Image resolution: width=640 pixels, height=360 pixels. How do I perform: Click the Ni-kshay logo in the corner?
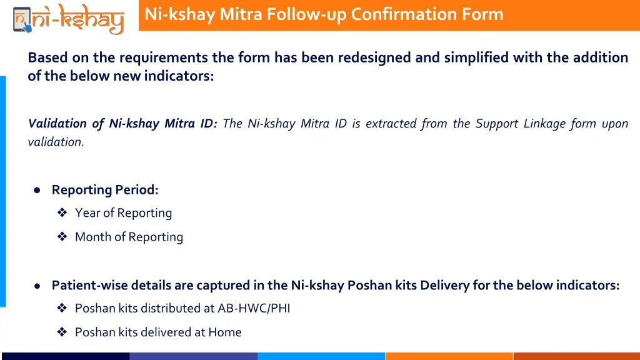point(68,17)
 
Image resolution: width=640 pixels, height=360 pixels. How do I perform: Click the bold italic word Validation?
point(59,123)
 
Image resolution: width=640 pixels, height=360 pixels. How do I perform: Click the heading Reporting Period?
point(105,189)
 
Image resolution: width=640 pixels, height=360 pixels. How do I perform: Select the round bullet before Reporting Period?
point(37,190)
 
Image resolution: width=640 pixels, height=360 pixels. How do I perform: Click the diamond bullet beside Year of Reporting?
point(62,213)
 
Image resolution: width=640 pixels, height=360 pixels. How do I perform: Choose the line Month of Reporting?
point(129,237)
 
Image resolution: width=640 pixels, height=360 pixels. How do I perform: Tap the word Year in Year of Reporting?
point(87,213)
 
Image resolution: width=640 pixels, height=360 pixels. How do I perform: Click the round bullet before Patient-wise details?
point(37,286)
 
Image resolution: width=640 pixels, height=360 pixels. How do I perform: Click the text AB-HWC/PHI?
point(254,308)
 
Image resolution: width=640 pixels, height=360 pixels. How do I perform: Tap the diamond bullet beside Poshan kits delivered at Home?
point(62,332)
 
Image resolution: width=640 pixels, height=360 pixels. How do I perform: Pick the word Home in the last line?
point(225,332)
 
